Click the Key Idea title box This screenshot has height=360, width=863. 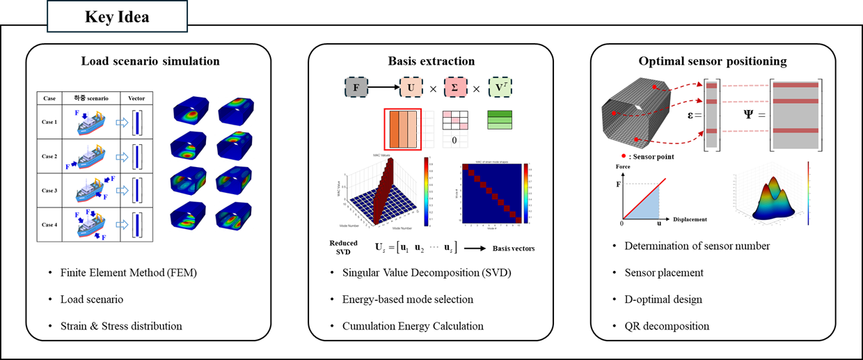117,17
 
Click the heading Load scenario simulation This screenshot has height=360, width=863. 150,61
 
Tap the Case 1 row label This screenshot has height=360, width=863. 49,121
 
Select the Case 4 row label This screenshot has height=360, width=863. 49,224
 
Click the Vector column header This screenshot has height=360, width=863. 136,98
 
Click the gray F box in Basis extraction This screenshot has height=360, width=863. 355,89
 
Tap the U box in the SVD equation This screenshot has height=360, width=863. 410,89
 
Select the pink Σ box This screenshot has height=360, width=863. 456,89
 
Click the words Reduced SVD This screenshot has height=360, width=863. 344,248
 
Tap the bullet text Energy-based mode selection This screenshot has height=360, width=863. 408,299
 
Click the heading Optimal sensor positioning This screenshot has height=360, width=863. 713,61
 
